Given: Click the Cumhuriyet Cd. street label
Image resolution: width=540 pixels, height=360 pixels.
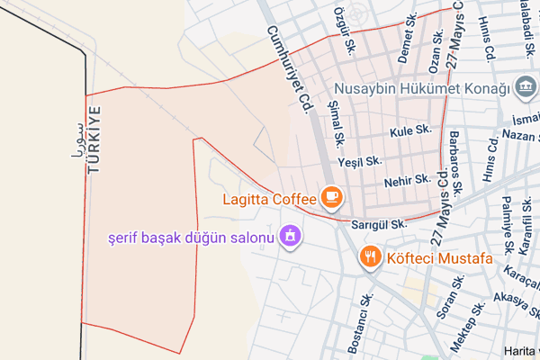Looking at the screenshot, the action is click(288, 69).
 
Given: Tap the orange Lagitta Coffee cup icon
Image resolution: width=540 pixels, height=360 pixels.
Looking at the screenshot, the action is click(331, 196).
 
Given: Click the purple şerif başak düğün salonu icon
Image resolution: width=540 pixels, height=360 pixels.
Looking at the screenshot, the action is click(291, 237).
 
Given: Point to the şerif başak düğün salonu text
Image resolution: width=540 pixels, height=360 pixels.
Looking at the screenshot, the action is click(189, 238).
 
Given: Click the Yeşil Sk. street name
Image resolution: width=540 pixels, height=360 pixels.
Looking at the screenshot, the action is click(360, 161).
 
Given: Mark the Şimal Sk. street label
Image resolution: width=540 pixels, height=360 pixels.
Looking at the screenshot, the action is click(337, 122).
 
